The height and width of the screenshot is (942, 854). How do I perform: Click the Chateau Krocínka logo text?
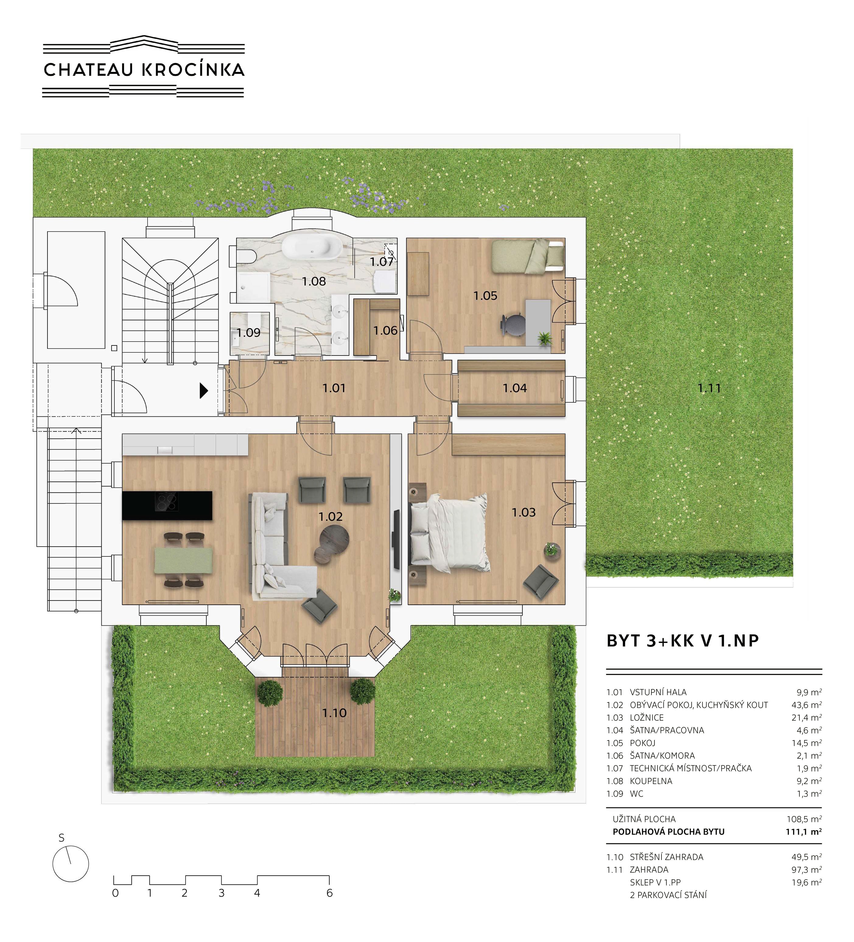click(144, 70)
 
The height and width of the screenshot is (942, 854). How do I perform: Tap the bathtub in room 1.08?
click(311, 246)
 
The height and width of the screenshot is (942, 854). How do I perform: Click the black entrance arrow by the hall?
click(204, 390)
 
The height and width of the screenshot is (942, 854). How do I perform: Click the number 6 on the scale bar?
click(329, 893)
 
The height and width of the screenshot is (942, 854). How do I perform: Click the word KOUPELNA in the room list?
click(651, 781)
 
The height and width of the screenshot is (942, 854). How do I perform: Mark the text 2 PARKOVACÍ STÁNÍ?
click(668, 895)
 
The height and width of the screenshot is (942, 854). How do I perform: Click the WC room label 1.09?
click(248, 333)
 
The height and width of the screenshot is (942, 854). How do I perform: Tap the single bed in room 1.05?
click(528, 256)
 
